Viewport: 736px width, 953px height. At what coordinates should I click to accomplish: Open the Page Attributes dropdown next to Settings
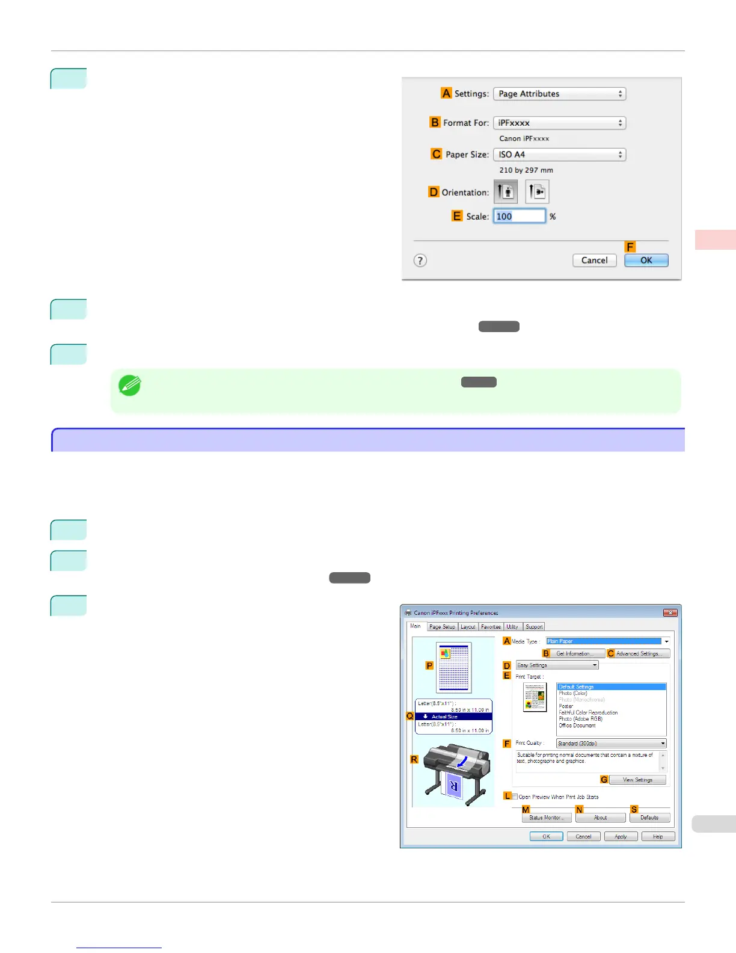coord(559,94)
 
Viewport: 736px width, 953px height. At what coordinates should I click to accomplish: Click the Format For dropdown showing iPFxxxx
coord(559,123)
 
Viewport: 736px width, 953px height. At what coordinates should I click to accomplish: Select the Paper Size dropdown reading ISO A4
coord(559,155)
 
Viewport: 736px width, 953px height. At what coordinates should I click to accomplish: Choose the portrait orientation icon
coord(506,192)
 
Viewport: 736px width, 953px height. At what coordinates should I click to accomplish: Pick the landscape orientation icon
coord(537,192)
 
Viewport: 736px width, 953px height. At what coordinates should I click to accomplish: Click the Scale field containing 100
coord(519,216)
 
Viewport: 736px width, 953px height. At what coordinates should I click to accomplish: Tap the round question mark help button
coord(420,261)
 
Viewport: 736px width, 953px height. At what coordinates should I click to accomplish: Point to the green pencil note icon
coord(129,386)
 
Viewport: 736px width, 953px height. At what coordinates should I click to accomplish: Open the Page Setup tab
coord(442,627)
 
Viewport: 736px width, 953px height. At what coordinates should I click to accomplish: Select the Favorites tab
coord(491,627)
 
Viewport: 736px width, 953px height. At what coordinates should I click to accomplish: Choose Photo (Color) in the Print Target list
coord(573,693)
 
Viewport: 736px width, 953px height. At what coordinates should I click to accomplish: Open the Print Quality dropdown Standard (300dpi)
coord(611,744)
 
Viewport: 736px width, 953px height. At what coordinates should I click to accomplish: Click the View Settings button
coord(637,780)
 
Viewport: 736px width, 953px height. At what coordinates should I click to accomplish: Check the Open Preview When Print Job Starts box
coord(515,797)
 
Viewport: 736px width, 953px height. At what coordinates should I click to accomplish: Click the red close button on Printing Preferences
coord(670,612)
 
